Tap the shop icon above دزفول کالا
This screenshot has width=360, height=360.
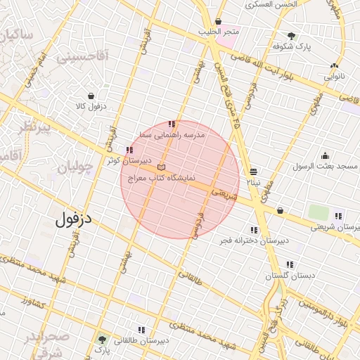coord(91,96)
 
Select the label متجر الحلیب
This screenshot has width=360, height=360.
coord(219,32)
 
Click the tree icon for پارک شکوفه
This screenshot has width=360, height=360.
coord(292,36)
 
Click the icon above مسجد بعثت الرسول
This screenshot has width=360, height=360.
coord(325,156)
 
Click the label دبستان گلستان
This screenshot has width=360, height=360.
coord(288,276)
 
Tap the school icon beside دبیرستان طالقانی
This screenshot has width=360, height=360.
coord(142,330)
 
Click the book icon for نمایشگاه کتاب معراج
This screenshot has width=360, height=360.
coord(162,168)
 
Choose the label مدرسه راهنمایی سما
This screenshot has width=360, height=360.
coord(172,134)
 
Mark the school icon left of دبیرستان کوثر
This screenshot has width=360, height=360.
coord(128,150)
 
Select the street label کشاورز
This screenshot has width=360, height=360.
coord(33,303)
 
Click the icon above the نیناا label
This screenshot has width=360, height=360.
coord(253,172)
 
